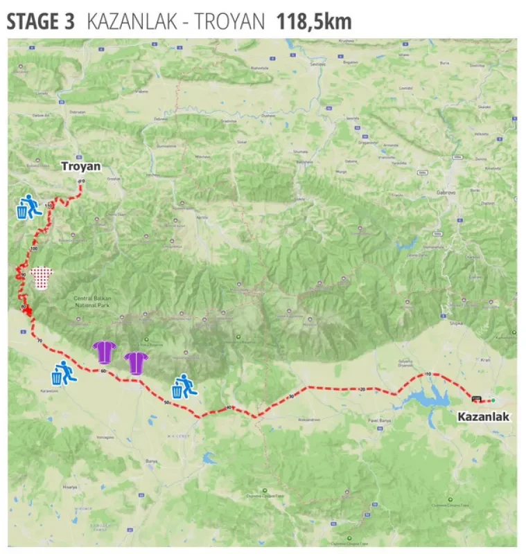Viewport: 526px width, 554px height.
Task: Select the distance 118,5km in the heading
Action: click(x=314, y=21)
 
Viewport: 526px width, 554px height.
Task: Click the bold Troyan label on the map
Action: click(x=81, y=166)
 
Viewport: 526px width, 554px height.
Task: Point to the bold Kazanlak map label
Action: click(x=483, y=417)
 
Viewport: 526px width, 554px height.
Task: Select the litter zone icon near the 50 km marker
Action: click(x=185, y=386)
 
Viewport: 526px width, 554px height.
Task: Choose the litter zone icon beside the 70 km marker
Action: click(x=63, y=373)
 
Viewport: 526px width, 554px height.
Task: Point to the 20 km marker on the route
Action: click(x=362, y=390)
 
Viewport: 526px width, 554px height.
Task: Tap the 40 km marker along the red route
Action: click(x=229, y=408)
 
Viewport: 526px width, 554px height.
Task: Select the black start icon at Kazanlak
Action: click(x=476, y=399)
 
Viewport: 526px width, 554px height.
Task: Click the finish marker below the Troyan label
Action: click(x=82, y=181)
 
